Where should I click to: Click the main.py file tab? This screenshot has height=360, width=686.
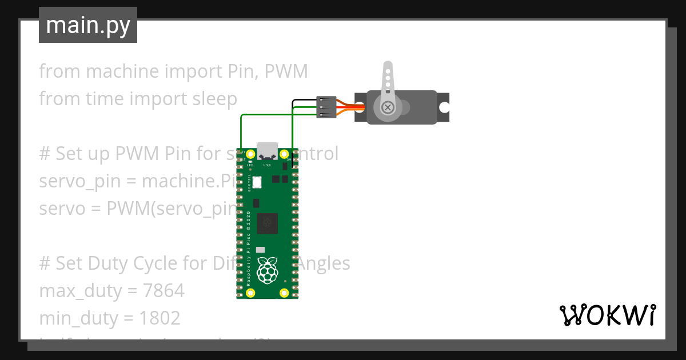tap(87, 26)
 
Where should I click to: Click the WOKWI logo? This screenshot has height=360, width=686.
tap(607, 315)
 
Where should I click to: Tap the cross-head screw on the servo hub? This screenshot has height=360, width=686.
tap(388, 107)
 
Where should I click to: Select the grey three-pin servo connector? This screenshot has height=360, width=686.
tap(326, 107)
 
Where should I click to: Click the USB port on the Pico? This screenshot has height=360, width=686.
tap(267, 150)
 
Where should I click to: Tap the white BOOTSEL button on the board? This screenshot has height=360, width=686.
tap(257, 182)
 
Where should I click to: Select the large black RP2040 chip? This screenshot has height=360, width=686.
tap(268, 223)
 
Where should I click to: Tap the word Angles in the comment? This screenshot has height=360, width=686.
tap(324, 263)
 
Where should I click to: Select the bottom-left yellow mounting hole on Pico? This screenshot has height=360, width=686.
tap(250, 293)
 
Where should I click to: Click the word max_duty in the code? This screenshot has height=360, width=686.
tap(79, 291)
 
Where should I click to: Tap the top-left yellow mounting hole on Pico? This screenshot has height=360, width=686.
tap(250, 154)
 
